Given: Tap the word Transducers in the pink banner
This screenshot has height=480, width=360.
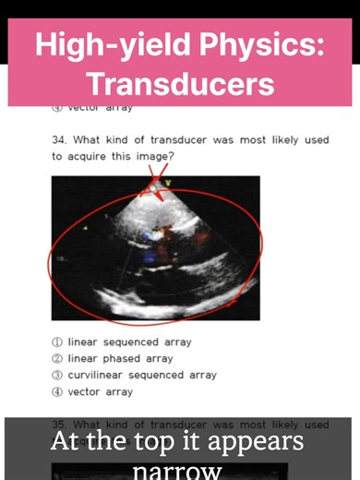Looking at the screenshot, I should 180,83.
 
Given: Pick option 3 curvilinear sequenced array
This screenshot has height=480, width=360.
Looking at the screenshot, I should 134,376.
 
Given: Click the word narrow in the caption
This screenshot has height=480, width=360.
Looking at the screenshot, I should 179,471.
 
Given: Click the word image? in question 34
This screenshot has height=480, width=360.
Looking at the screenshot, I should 151,157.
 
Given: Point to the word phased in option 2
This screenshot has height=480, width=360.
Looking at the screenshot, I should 118,359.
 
